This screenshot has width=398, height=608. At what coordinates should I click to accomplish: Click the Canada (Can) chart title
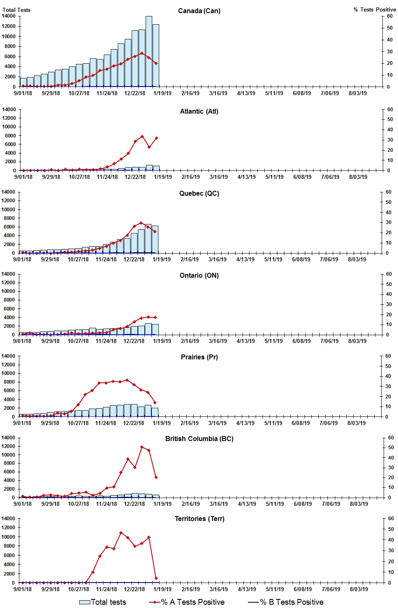pos(199,11)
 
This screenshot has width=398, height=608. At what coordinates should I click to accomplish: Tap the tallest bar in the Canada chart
pos(149,51)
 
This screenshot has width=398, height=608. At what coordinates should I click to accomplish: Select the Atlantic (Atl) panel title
pos(199,111)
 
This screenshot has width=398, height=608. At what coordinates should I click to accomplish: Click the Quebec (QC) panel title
pos(199,193)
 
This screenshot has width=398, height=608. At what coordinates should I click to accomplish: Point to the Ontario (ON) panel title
pos(199,275)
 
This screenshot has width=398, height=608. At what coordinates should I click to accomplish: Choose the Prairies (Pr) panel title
pos(199,357)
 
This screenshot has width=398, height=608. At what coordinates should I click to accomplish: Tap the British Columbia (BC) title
pos(199,439)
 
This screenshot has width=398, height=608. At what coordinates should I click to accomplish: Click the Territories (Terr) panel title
pos(199,519)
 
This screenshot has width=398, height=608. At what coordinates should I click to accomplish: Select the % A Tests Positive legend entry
pos(187,602)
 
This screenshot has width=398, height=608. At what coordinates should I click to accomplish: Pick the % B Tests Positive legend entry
pos(286,602)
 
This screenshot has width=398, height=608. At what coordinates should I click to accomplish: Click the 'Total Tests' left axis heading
pos(16,10)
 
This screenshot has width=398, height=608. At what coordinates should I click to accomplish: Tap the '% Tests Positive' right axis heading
pos(375,9)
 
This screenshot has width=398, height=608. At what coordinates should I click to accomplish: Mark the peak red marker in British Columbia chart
pos(142,447)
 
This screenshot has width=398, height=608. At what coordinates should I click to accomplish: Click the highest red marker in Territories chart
pos(121,533)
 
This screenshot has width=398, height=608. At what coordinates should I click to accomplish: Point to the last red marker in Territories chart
pos(156,578)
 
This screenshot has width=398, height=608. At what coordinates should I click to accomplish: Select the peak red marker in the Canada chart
pos(142,53)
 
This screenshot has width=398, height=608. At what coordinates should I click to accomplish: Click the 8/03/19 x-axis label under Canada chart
pos(358,93)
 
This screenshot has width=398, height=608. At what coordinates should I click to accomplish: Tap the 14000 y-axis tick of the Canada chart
pos(9,16)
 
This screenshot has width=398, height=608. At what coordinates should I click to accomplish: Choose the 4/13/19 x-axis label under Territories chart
pos(247,589)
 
